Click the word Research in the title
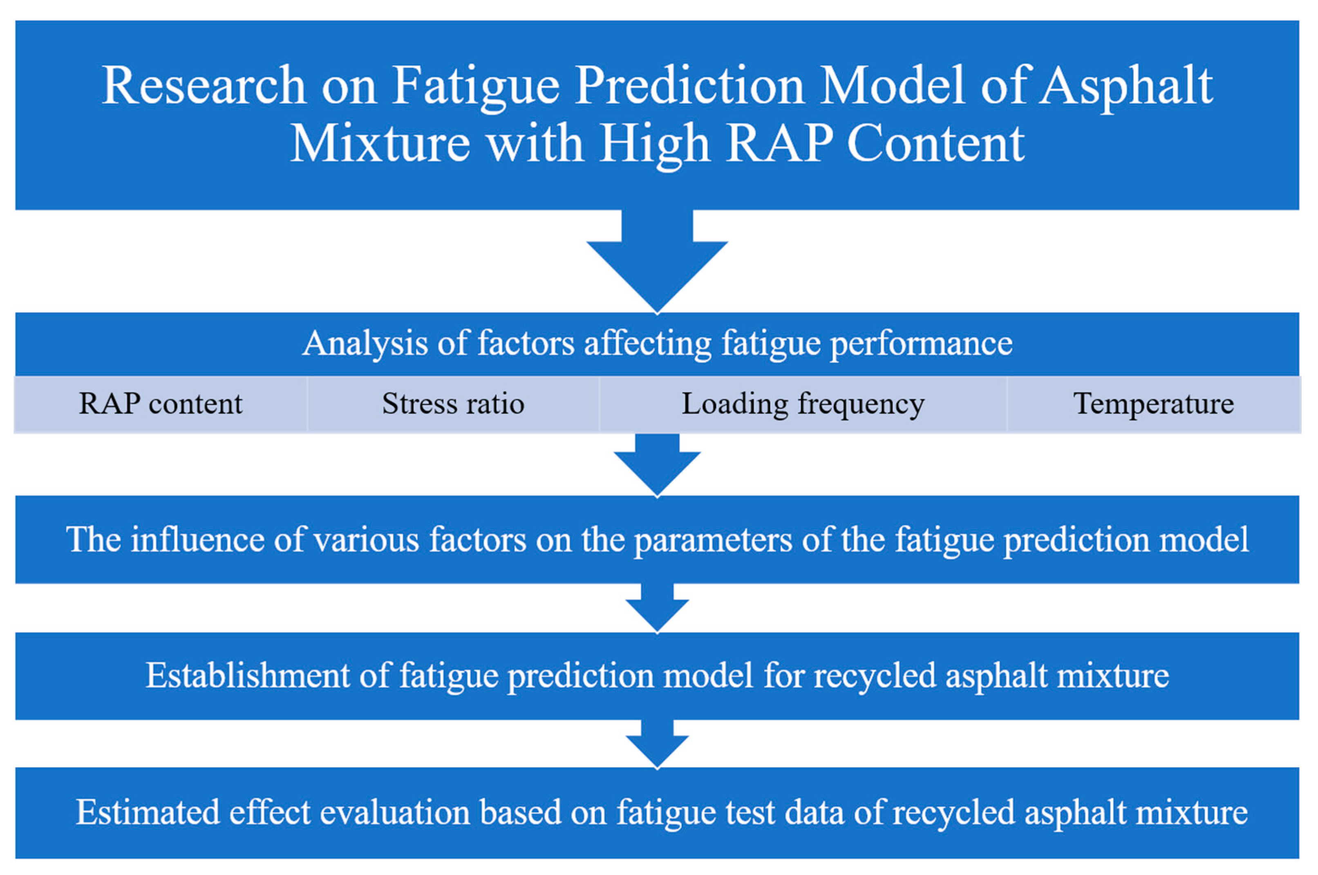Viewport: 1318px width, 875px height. [x=204, y=85]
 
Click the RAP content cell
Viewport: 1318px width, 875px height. [x=161, y=404]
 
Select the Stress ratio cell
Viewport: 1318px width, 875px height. [x=453, y=404]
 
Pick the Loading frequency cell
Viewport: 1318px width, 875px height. [x=803, y=404]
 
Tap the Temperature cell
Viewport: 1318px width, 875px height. [x=1153, y=404]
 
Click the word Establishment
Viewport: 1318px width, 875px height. [x=248, y=676]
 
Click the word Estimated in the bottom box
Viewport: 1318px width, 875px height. [x=148, y=812]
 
